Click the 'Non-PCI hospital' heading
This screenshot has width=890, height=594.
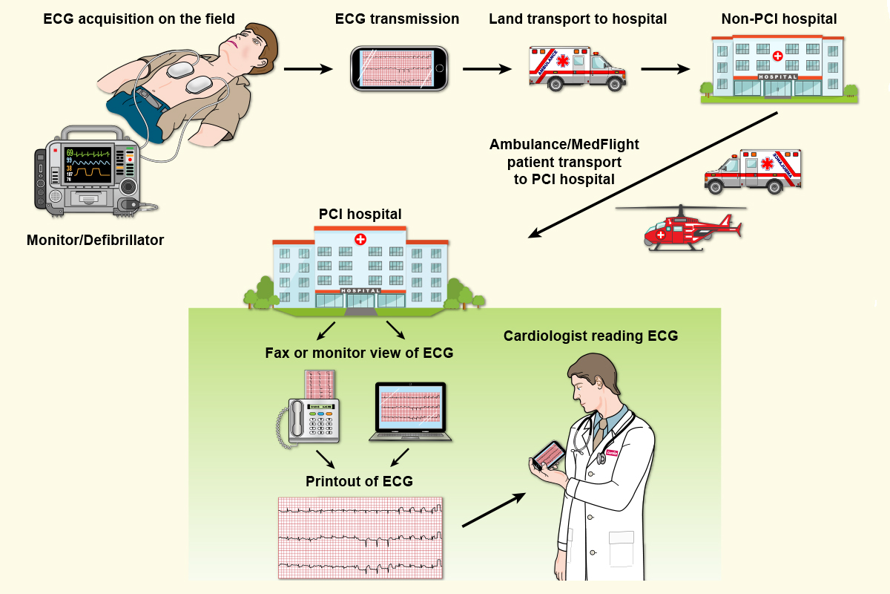(779, 19)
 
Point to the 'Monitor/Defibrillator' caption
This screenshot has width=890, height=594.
(95, 240)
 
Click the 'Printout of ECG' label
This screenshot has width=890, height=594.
(359, 481)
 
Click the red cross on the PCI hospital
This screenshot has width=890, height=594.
(360, 239)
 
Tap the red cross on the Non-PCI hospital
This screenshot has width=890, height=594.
(777, 56)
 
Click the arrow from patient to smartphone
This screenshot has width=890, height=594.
(308, 70)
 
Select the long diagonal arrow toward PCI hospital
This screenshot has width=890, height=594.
(653, 175)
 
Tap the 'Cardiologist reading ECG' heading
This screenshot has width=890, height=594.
(590, 336)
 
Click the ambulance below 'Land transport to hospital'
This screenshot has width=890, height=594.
(576, 68)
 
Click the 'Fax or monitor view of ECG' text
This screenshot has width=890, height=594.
(359, 353)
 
